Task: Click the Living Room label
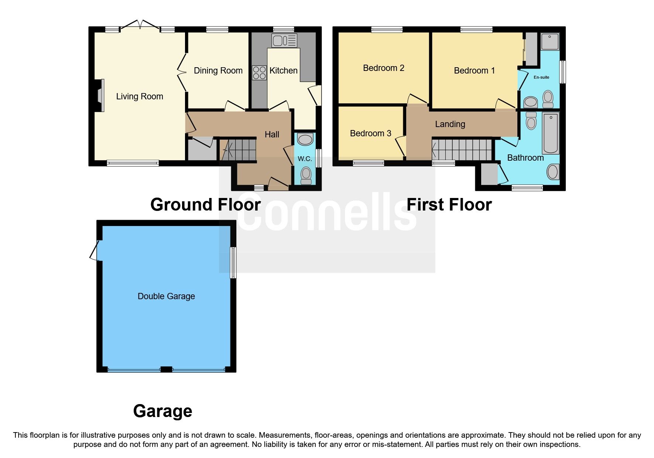[x=140, y=96]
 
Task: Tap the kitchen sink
[x=284, y=41]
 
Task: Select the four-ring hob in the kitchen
[x=259, y=72]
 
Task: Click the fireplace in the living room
[x=100, y=95]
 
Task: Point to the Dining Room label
[x=218, y=71]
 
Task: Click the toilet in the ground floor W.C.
[x=306, y=175]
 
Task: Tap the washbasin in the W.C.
[x=305, y=140]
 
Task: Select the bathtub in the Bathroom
[x=550, y=133]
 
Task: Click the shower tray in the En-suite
[x=550, y=42]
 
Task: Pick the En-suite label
[x=541, y=77]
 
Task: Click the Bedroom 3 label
[x=370, y=133]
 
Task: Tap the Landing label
[x=450, y=124]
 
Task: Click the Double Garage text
[x=166, y=296]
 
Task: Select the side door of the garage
[x=95, y=250]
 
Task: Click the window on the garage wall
[x=233, y=263]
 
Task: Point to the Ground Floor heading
[x=205, y=205]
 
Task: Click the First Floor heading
[x=449, y=205]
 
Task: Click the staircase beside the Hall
[x=238, y=149]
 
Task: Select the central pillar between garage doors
[x=166, y=369]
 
